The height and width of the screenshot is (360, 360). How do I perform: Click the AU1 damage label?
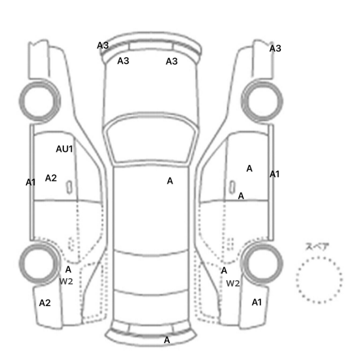click(x=64, y=149)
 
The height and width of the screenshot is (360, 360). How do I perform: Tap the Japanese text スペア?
click(x=314, y=246)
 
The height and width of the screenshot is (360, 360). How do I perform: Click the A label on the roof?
click(x=170, y=181)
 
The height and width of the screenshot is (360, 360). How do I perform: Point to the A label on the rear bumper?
click(x=167, y=340)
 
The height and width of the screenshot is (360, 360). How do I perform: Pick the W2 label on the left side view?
click(x=66, y=281)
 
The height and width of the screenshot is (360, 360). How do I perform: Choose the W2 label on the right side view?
click(x=233, y=283)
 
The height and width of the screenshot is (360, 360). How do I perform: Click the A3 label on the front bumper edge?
click(x=103, y=45)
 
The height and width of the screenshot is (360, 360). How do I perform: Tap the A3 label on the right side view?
click(x=275, y=48)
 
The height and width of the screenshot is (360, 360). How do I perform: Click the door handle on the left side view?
click(x=69, y=187)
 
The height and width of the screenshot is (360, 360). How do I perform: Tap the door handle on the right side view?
click(x=232, y=187)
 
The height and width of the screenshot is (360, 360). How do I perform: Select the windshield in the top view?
click(x=150, y=138)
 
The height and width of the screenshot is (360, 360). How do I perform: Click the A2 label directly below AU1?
click(x=51, y=178)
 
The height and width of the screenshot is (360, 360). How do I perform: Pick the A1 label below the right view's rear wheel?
click(x=257, y=302)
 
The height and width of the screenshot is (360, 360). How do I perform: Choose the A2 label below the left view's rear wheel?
click(x=45, y=303)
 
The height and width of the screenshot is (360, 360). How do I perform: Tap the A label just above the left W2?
click(x=68, y=269)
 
